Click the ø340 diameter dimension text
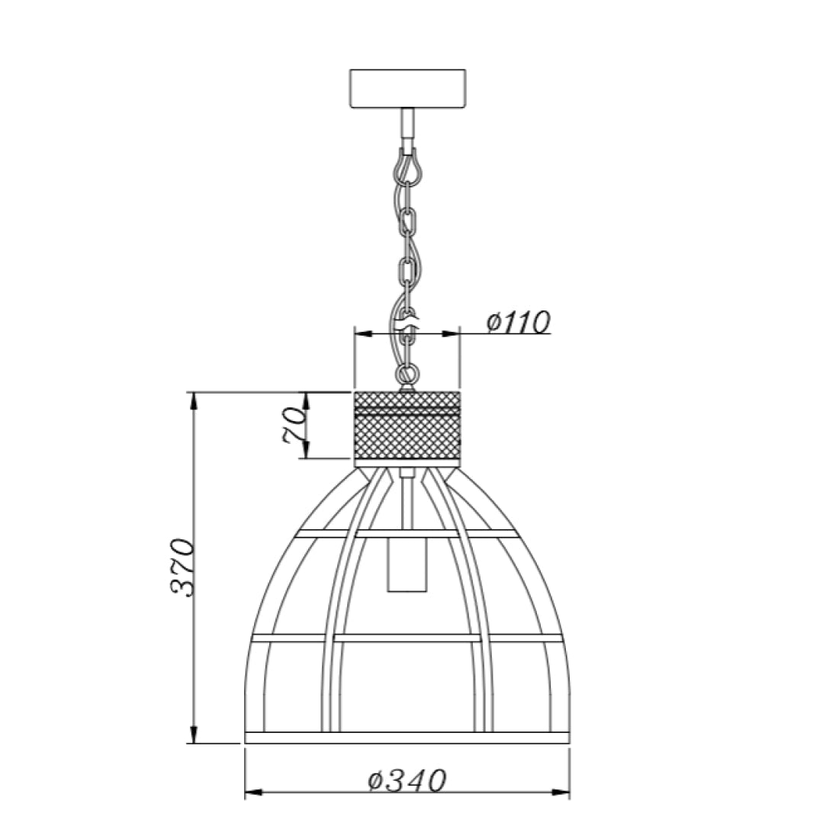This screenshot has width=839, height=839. click(x=406, y=780)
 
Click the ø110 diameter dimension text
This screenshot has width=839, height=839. click(x=518, y=323)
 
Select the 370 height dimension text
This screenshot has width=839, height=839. click(x=182, y=567)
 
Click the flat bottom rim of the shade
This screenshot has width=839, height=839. click(x=407, y=737)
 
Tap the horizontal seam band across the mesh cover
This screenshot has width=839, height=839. click(x=408, y=413)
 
